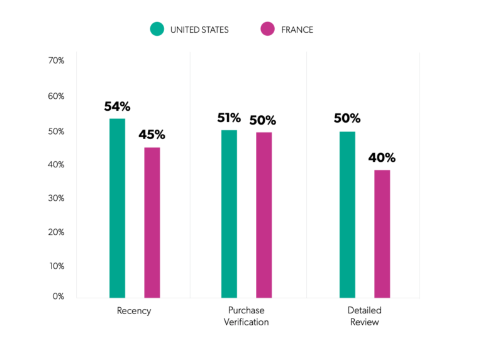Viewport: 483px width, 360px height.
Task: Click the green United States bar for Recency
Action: [117, 208]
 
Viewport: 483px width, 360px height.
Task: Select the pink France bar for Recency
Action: [152, 222]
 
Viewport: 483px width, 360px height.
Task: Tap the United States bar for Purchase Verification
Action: [229, 213]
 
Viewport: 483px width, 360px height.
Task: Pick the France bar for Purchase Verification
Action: [264, 215]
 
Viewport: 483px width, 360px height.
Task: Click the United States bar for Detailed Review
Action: [347, 214]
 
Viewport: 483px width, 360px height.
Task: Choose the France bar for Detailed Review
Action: [382, 233]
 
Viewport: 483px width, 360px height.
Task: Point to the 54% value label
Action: [117, 106]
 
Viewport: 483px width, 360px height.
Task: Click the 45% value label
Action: [152, 135]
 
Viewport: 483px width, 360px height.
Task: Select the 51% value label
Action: [229, 118]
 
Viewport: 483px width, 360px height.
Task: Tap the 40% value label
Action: [382, 157]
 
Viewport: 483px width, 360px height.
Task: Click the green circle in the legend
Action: [157, 29]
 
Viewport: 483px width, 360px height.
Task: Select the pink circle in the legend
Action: [267, 29]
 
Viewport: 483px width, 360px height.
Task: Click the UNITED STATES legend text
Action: [199, 30]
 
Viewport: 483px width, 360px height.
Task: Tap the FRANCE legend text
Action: [298, 30]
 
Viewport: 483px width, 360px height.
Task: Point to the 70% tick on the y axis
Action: [56, 60]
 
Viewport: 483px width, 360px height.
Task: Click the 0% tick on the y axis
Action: [58, 296]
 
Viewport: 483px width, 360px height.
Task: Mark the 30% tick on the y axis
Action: [56, 198]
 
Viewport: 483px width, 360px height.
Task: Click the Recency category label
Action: [134, 311]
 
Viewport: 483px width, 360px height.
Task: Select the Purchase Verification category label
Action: [247, 316]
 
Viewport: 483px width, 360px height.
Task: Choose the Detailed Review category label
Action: [364, 316]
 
